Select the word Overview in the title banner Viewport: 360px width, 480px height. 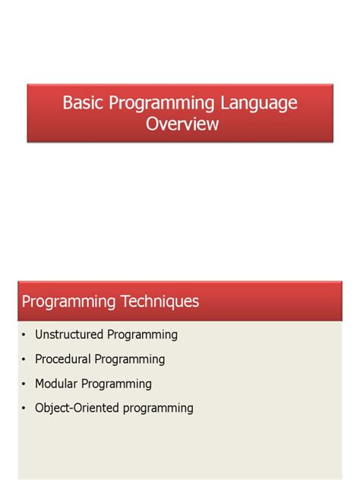182,124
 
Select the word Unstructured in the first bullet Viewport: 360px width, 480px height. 70,334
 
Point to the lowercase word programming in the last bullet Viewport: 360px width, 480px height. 159,409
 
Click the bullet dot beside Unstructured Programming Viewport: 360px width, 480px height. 24,335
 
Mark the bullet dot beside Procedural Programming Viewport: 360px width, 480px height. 24,359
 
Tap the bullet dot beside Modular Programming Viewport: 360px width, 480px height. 24,384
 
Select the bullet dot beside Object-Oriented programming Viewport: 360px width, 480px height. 24,408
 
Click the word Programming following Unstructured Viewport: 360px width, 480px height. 142,335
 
